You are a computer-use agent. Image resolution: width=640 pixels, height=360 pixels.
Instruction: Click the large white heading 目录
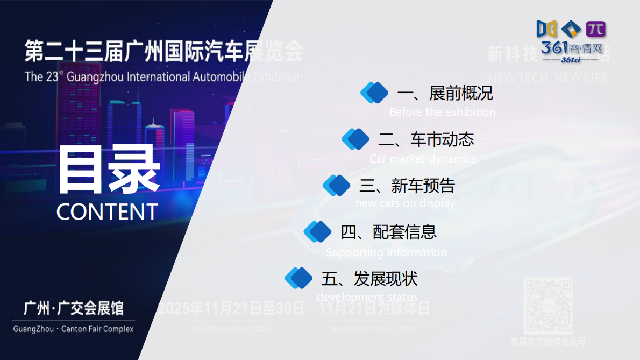108,170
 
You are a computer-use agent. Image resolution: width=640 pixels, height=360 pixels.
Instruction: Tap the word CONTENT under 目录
107,211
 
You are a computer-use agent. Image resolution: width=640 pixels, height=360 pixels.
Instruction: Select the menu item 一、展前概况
444,94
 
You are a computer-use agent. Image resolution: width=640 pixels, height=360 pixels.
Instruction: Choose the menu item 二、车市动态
426,140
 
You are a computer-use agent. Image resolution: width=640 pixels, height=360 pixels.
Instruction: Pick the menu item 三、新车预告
407,186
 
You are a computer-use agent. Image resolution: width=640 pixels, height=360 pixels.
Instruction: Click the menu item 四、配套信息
388,232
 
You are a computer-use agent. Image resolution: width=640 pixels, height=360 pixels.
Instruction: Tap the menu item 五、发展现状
369,279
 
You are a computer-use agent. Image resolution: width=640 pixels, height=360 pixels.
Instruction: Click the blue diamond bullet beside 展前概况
374,93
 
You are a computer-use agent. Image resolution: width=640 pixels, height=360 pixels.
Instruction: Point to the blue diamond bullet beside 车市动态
355,139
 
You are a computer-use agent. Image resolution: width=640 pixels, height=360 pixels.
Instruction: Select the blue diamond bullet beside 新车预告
337,185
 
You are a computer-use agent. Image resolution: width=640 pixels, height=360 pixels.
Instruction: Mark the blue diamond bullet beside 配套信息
318,231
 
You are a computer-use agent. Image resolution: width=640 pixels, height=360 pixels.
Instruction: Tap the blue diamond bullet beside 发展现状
298,278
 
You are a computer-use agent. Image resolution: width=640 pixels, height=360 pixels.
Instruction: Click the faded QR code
547,306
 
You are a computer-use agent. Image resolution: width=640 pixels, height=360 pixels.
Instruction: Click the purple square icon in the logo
595,29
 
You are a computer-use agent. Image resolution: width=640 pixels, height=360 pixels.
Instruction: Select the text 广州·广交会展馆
74,308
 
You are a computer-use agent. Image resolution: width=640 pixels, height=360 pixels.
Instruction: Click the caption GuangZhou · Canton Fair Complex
73,328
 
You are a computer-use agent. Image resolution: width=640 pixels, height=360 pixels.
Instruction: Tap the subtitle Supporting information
386,252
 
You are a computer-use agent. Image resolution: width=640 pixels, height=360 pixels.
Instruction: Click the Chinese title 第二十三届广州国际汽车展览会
163,52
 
